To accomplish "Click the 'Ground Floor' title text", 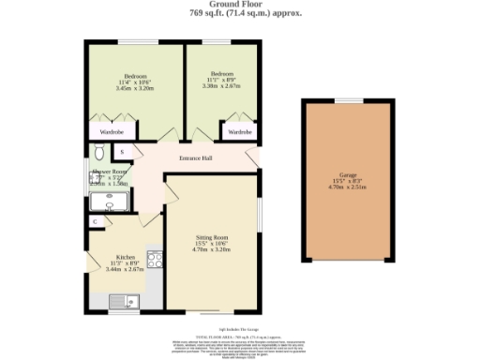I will (240, 5).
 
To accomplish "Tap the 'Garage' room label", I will (347, 174).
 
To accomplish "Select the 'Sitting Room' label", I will (212, 238).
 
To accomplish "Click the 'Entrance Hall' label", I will (196, 157).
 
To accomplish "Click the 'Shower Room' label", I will (110, 172).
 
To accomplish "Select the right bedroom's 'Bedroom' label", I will (221, 74).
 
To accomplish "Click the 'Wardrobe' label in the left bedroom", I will (112, 132).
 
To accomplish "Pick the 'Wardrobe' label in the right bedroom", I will (241, 132).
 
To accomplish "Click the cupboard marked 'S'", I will (122, 151).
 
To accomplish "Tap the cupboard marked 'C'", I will (97, 221).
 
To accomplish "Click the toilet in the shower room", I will (98, 153).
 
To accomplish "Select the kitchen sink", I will (122, 301).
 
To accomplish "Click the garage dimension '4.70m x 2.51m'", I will (347, 187).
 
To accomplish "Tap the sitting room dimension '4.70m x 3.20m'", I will (212, 251).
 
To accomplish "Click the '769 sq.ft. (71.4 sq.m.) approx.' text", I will (240, 15).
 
